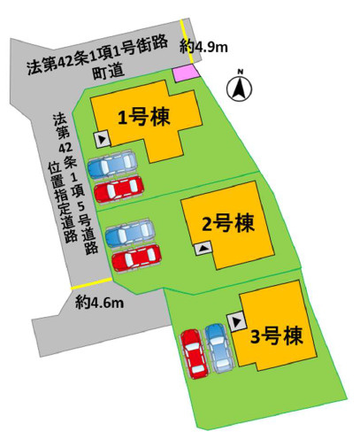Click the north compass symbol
click(x=240, y=86)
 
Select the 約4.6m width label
click(x=99, y=304)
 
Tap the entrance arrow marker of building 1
click(x=101, y=139)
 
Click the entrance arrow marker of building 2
click(x=203, y=250)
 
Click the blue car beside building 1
click(x=113, y=165)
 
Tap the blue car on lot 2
click(x=130, y=235)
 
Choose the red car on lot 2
click(x=136, y=258)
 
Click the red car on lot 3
click(x=192, y=353)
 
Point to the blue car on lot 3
click(x=217, y=347)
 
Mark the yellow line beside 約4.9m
click(x=183, y=41)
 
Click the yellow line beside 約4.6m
click(x=73, y=301)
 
